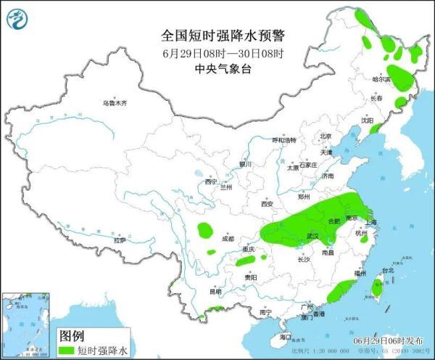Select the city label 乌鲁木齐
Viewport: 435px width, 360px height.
pyautogui.click(x=114, y=104)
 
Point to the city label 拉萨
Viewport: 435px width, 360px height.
pyautogui.click(x=120, y=240)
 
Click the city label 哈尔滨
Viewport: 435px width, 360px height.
pyautogui.click(x=381, y=78)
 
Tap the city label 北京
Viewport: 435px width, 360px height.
pyautogui.click(x=325, y=136)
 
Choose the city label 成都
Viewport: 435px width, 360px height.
pyautogui.click(x=228, y=238)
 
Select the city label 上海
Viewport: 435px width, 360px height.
pyautogui.click(x=370, y=223)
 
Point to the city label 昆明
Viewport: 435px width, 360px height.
pyautogui.click(x=195, y=292)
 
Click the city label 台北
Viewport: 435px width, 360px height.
pyautogui.click(x=387, y=271)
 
